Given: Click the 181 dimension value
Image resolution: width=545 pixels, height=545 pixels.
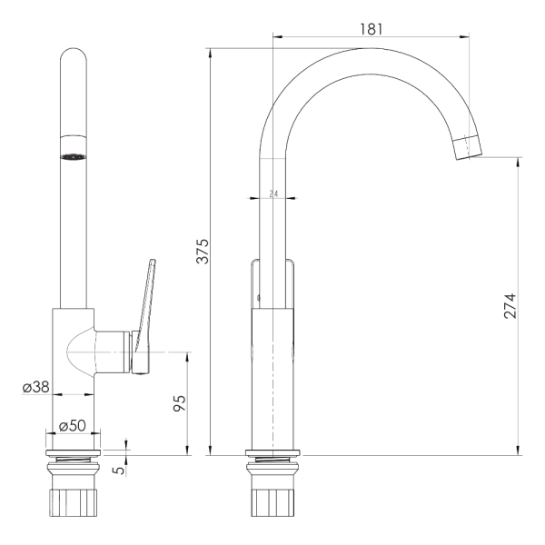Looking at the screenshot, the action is click(371, 29).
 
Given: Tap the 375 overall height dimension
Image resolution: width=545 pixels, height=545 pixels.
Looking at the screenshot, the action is click(203, 252).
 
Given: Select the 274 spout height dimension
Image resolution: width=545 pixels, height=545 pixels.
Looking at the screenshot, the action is click(510, 306).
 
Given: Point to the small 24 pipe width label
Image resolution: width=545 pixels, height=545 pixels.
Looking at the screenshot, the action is click(274, 194).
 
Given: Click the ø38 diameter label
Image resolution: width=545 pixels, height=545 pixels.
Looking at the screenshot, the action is click(36, 387).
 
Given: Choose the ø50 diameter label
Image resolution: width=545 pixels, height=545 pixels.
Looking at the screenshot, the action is click(73, 426).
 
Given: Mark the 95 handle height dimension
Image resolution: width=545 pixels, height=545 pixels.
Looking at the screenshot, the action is click(180, 403).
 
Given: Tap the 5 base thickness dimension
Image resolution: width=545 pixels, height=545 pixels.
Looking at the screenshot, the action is click(119, 471).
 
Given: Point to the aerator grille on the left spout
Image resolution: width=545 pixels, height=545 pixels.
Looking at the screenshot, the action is click(74, 157).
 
